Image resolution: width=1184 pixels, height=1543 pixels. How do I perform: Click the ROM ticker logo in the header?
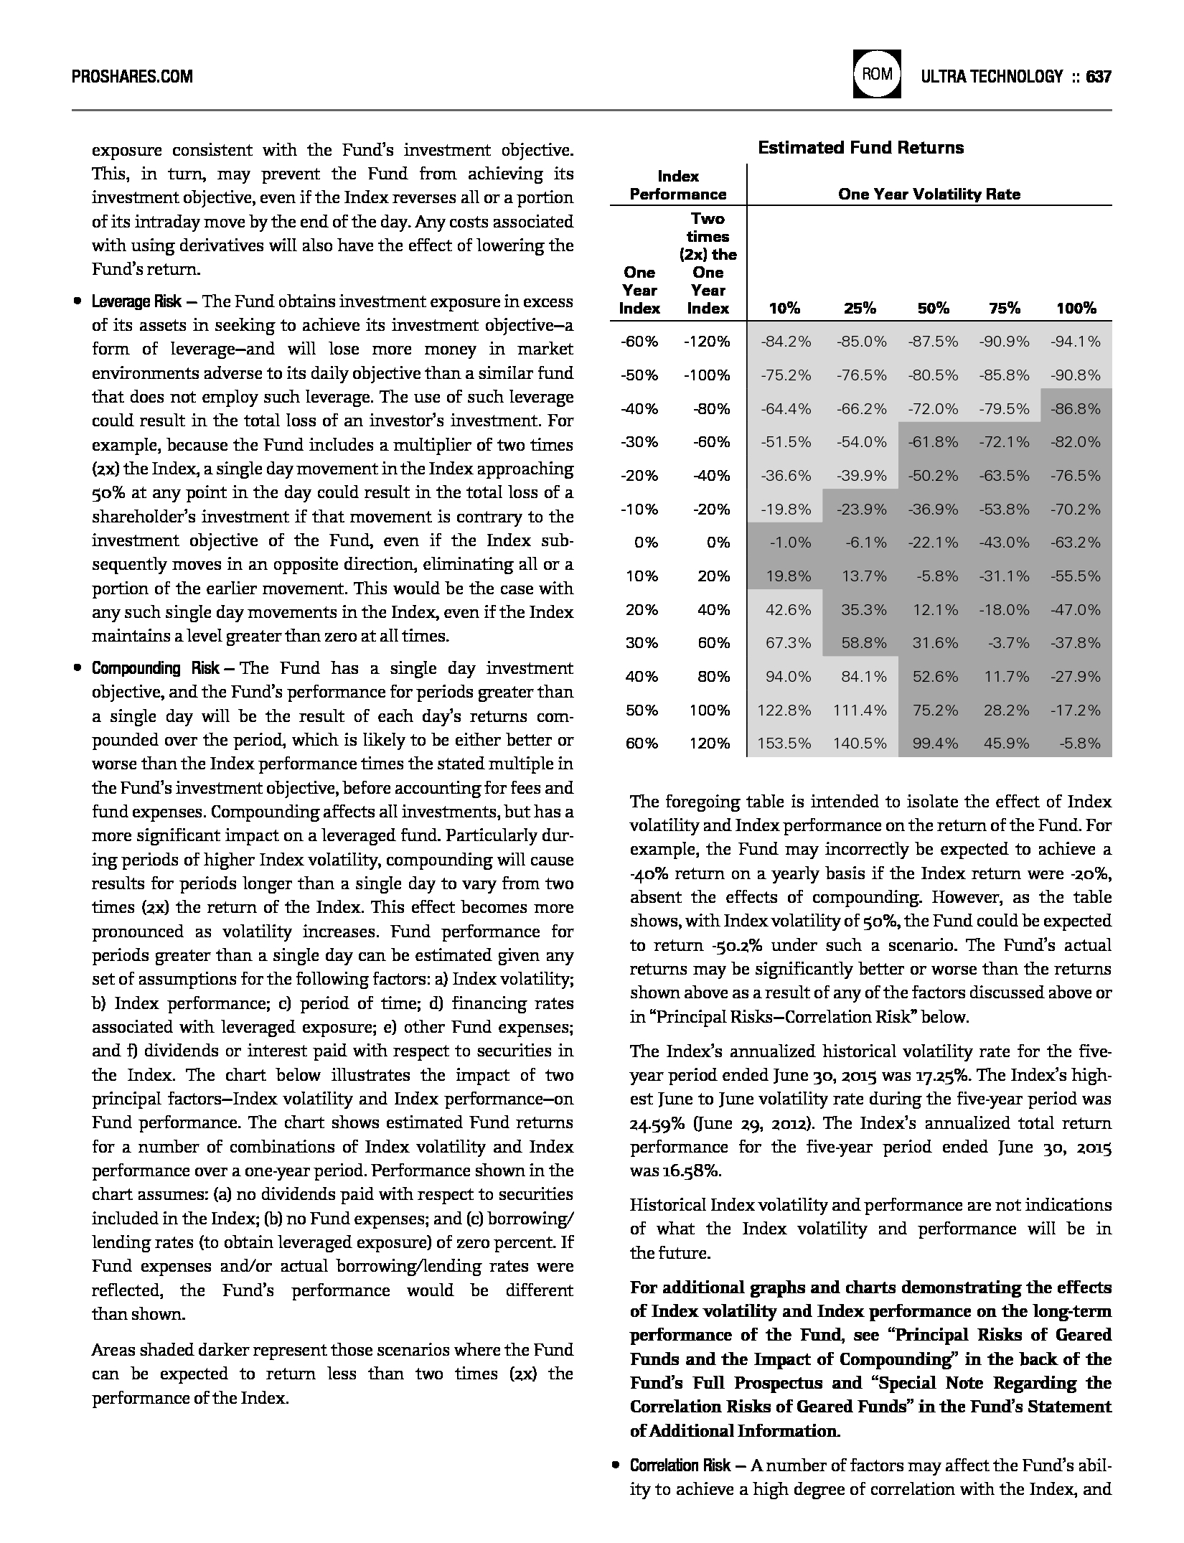(x=877, y=74)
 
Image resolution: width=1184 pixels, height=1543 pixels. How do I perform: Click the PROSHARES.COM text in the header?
(x=133, y=76)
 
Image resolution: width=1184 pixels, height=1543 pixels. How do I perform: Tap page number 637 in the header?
(x=1099, y=76)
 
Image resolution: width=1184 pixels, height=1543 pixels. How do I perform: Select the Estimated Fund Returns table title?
(x=860, y=148)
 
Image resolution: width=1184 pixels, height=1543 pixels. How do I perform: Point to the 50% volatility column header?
(x=933, y=309)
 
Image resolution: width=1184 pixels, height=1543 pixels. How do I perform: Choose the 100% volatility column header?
(x=1076, y=309)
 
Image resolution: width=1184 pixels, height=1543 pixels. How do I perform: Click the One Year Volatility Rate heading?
(x=929, y=194)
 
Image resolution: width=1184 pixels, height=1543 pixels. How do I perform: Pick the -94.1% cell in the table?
(x=1075, y=342)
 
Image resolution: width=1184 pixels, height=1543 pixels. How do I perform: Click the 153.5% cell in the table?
(x=784, y=744)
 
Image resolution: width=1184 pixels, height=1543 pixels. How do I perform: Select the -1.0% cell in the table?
(x=789, y=543)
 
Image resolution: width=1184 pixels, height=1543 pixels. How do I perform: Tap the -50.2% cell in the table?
(x=933, y=476)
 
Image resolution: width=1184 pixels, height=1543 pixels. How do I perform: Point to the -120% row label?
(x=707, y=342)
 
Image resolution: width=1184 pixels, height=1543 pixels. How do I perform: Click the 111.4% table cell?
(x=860, y=710)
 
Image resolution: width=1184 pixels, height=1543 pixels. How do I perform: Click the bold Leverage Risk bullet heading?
(x=136, y=301)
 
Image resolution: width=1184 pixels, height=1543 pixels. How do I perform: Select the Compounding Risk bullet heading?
(x=155, y=669)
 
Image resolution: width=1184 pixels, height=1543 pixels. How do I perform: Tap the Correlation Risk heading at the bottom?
(x=680, y=1465)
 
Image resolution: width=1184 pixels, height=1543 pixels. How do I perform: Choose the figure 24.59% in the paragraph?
(x=656, y=1123)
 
